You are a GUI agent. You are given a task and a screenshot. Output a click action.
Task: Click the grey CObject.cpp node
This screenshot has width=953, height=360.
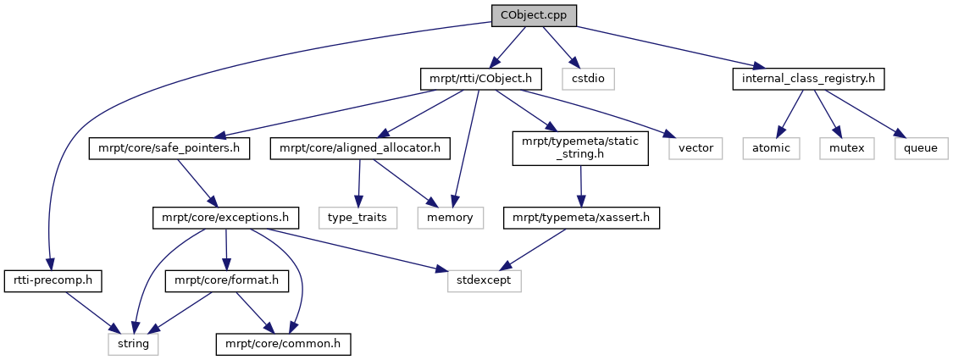click(x=534, y=15)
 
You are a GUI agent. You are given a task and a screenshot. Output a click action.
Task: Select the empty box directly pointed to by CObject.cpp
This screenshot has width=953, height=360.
click(x=588, y=79)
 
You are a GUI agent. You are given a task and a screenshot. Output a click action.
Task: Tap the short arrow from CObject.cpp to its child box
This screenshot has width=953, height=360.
click(x=558, y=46)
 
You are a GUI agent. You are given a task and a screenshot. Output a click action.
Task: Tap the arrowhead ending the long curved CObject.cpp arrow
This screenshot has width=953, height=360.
click(x=50, y=265)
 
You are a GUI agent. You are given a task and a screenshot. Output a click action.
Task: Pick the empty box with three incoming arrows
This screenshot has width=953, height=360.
click(x=133, y=344)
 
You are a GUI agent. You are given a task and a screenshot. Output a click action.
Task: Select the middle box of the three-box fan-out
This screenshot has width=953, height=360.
click(x=846, y=148)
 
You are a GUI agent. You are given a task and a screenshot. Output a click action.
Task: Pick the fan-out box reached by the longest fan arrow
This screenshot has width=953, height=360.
click(x=922, y=148)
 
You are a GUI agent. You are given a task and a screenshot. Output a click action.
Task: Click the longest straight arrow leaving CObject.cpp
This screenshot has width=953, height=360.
click(x=669, y=46)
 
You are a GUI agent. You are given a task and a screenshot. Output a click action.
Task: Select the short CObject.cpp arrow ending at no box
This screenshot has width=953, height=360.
click(x=508, y=46)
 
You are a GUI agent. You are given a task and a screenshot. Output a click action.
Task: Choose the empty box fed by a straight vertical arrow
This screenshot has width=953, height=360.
click(x=358, y=218)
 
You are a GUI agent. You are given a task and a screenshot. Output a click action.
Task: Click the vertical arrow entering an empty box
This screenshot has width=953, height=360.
click(x=358, y=182)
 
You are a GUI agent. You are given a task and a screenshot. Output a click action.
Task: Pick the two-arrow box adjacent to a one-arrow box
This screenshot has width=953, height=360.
click(x=451, y=218)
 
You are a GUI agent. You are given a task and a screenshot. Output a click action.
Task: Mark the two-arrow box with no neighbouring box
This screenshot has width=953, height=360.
click(x=484, y=281)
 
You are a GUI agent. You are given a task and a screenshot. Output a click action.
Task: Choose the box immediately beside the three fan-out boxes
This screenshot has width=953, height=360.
click(x=695, y=148)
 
